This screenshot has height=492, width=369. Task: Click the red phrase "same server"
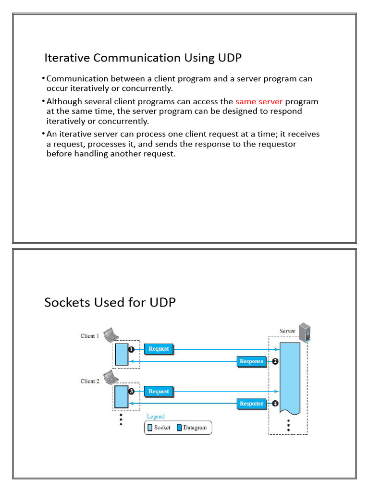tap(259, 102)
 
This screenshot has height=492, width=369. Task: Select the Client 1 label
tap(89, 336)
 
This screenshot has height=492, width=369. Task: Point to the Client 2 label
tap(89, 381)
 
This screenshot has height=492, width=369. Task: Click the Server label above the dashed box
tap(287, 331)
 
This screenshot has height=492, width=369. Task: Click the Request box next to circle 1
tap(159, 349)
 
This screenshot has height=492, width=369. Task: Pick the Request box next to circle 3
tap(159, 392)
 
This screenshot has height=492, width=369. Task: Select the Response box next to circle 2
tap(251, 361)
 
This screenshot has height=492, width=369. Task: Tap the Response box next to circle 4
tap(251, 404)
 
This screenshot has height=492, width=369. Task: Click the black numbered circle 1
tap(131, 349)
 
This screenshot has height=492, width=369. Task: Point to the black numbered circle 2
tap(275, 361)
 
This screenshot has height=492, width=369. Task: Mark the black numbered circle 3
tap(131, 392)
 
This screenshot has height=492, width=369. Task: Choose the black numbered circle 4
tap(275, 404)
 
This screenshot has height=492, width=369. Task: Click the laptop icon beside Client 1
tap(111, 332)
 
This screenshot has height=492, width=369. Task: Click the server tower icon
tap(304, 332)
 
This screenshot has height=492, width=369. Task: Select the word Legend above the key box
tap(156, 417)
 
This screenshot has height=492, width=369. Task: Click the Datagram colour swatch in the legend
tap(179, 427)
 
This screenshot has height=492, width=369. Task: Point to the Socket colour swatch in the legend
tap(150, 427)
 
